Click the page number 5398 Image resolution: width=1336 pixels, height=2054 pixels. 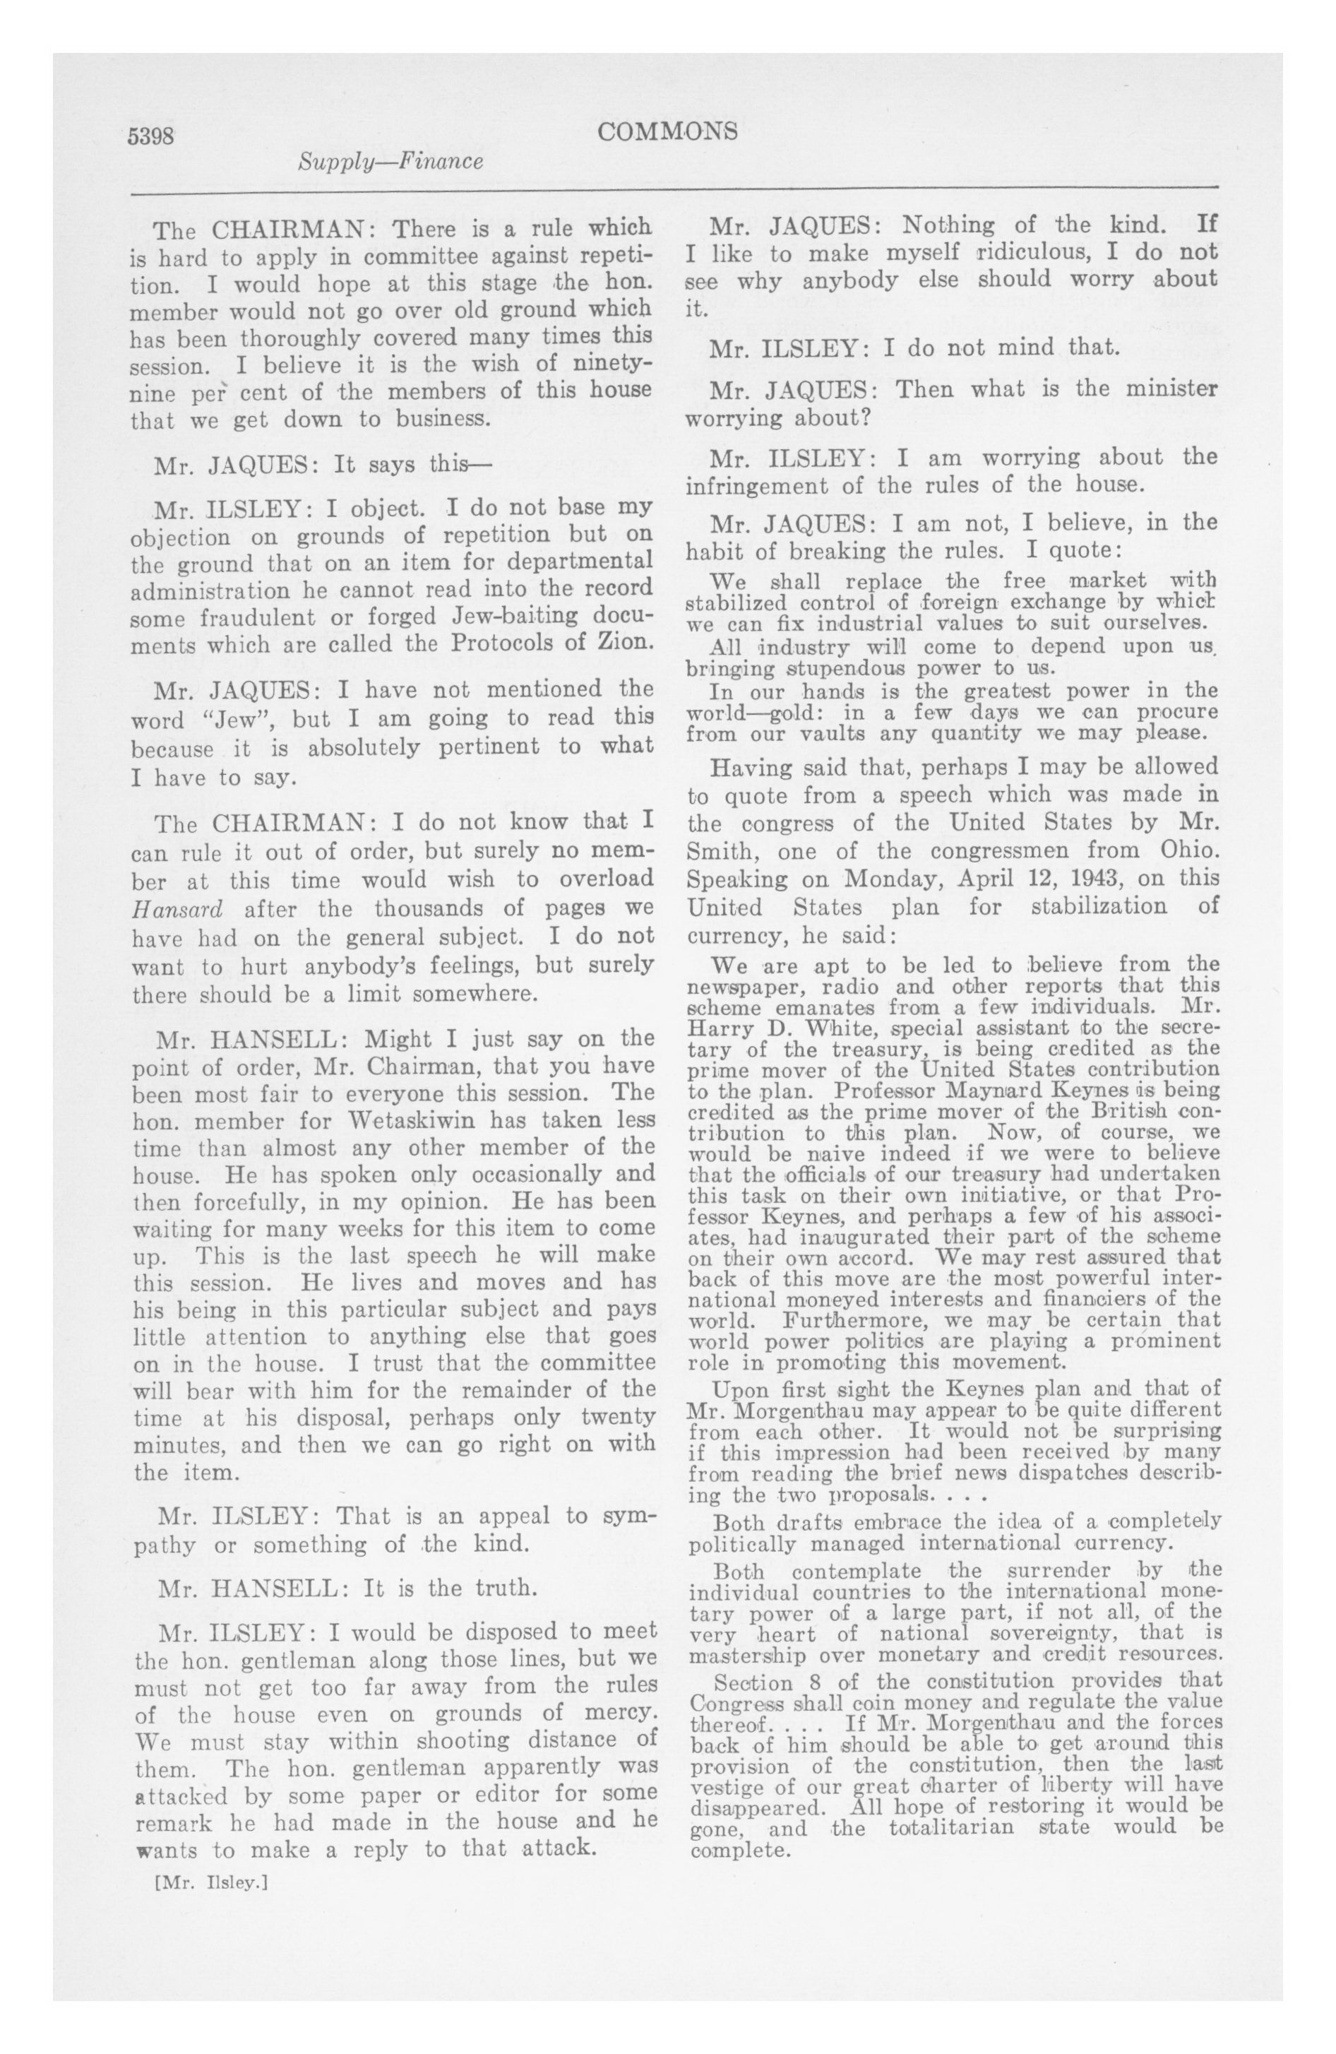tap(151, 137)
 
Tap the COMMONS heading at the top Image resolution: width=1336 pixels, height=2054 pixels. tap(668, 131)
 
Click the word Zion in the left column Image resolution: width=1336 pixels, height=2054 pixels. tap(621, 643)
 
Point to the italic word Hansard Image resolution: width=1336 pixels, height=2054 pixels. tap(178, 910)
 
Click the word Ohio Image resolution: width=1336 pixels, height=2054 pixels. tap(1189, 850)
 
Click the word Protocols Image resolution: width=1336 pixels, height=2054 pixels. tap(509, 643)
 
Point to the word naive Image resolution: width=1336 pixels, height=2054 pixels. tap(828, 1154)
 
